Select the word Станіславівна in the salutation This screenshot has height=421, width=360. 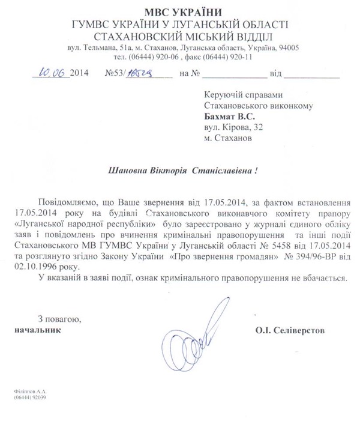coord(227,171)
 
